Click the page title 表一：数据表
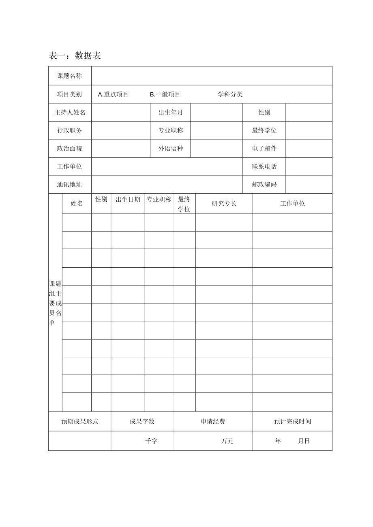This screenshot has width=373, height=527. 75,56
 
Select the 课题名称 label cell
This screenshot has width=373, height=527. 69,76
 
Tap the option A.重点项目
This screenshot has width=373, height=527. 113,94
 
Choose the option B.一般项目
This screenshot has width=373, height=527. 165,94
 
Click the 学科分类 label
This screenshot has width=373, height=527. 230,94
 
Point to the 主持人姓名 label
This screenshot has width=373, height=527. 70,113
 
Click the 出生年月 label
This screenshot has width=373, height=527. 170,113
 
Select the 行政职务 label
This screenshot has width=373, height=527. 69,130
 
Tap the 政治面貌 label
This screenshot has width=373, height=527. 69,148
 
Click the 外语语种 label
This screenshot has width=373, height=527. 170,148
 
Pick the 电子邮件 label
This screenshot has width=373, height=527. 264,148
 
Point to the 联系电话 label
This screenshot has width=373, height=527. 264,166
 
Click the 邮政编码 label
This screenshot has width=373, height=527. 264,184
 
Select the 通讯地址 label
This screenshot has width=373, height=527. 69,184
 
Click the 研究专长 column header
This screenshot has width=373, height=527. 224,203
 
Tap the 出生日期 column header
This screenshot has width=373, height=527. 128,199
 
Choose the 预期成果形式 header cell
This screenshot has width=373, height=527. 79,421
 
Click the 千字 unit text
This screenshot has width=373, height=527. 151,441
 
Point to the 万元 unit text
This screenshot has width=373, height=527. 227,441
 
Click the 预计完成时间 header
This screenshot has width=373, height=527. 292,421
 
